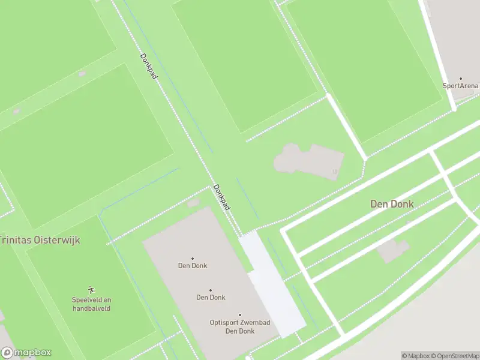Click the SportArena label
pos(461,86)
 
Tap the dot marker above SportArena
pos(461,79)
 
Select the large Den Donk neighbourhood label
pos(392,204)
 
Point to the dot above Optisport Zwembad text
pos(240,314)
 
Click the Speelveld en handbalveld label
pos(92,304)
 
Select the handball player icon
pos(92,289)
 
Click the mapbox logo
pos(26,353)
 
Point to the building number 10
pos(334,172)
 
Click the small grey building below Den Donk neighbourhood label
pos(393,250)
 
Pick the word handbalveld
pos(92,308)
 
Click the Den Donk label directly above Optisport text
pos(210,297)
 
